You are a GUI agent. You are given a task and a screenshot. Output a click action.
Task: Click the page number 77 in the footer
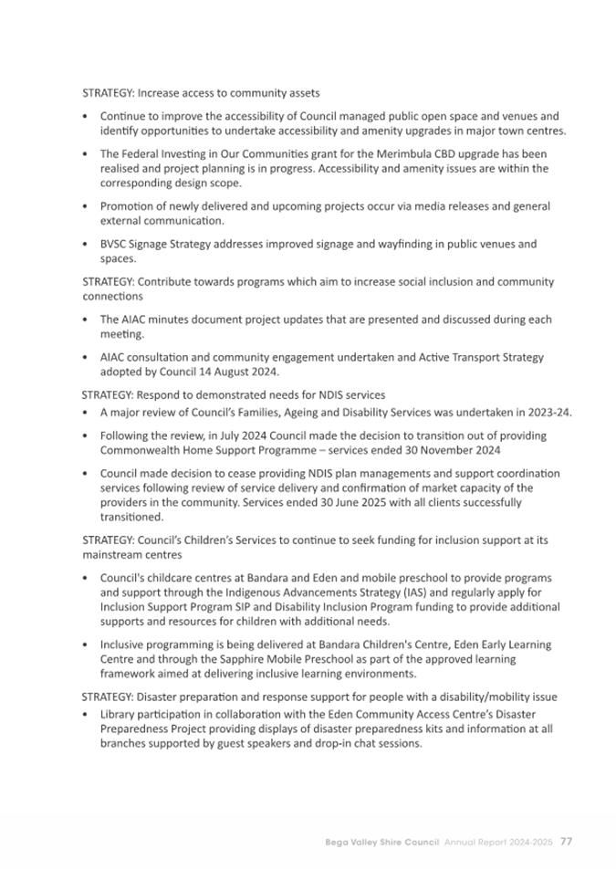pos(566,841)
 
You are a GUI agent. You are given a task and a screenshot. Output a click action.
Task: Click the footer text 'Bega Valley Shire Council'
pos(382,841)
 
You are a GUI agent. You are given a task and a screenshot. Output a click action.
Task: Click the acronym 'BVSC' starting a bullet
pos(115,244)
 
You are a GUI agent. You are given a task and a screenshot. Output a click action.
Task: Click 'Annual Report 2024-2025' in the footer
pos(498,841)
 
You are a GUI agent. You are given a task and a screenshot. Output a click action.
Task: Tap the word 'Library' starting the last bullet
pos(118,712)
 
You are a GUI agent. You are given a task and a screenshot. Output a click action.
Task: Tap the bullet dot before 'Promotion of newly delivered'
pos(85,207)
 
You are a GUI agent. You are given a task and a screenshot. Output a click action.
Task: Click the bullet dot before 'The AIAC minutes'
pos(85,320)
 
